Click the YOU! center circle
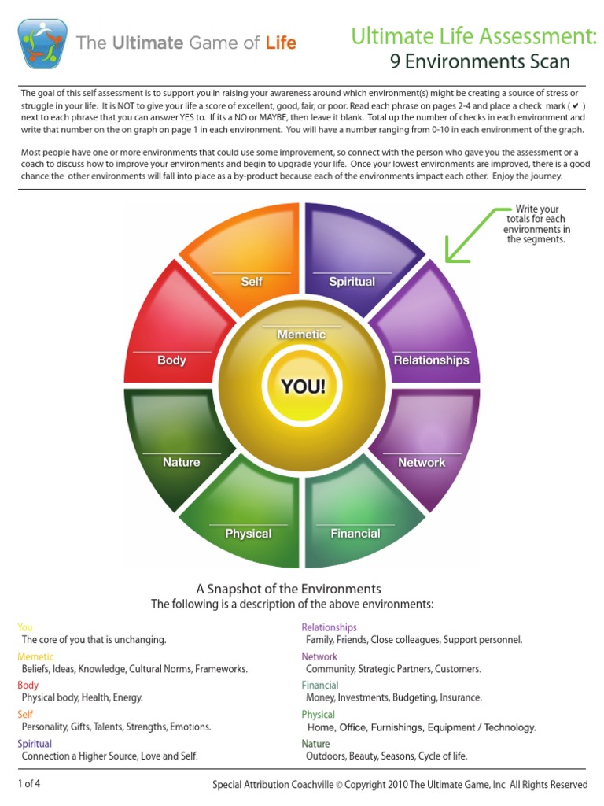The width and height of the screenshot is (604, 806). (302, 386)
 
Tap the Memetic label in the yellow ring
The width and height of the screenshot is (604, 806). (301, 335)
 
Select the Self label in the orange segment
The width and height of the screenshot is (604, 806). (252, 281)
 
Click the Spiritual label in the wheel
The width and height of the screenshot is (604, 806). (352, 281)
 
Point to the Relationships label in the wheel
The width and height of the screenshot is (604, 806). (431, 360)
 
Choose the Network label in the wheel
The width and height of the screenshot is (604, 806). (422, 462)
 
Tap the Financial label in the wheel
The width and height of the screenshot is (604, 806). (355, 533)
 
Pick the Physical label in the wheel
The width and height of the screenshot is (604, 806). (248, 533)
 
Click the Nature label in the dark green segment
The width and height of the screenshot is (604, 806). (181, 462)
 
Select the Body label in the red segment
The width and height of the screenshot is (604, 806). (171, 360)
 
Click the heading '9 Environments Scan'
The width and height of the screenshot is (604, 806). (480, 61)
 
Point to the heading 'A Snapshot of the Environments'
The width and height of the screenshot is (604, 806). (288, 589)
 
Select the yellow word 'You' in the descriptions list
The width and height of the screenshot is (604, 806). (25, 627)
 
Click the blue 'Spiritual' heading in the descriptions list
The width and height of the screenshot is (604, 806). (35, 744)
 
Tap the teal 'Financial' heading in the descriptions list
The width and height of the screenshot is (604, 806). (320, 685)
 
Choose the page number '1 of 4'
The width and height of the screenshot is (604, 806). (29, 783)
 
